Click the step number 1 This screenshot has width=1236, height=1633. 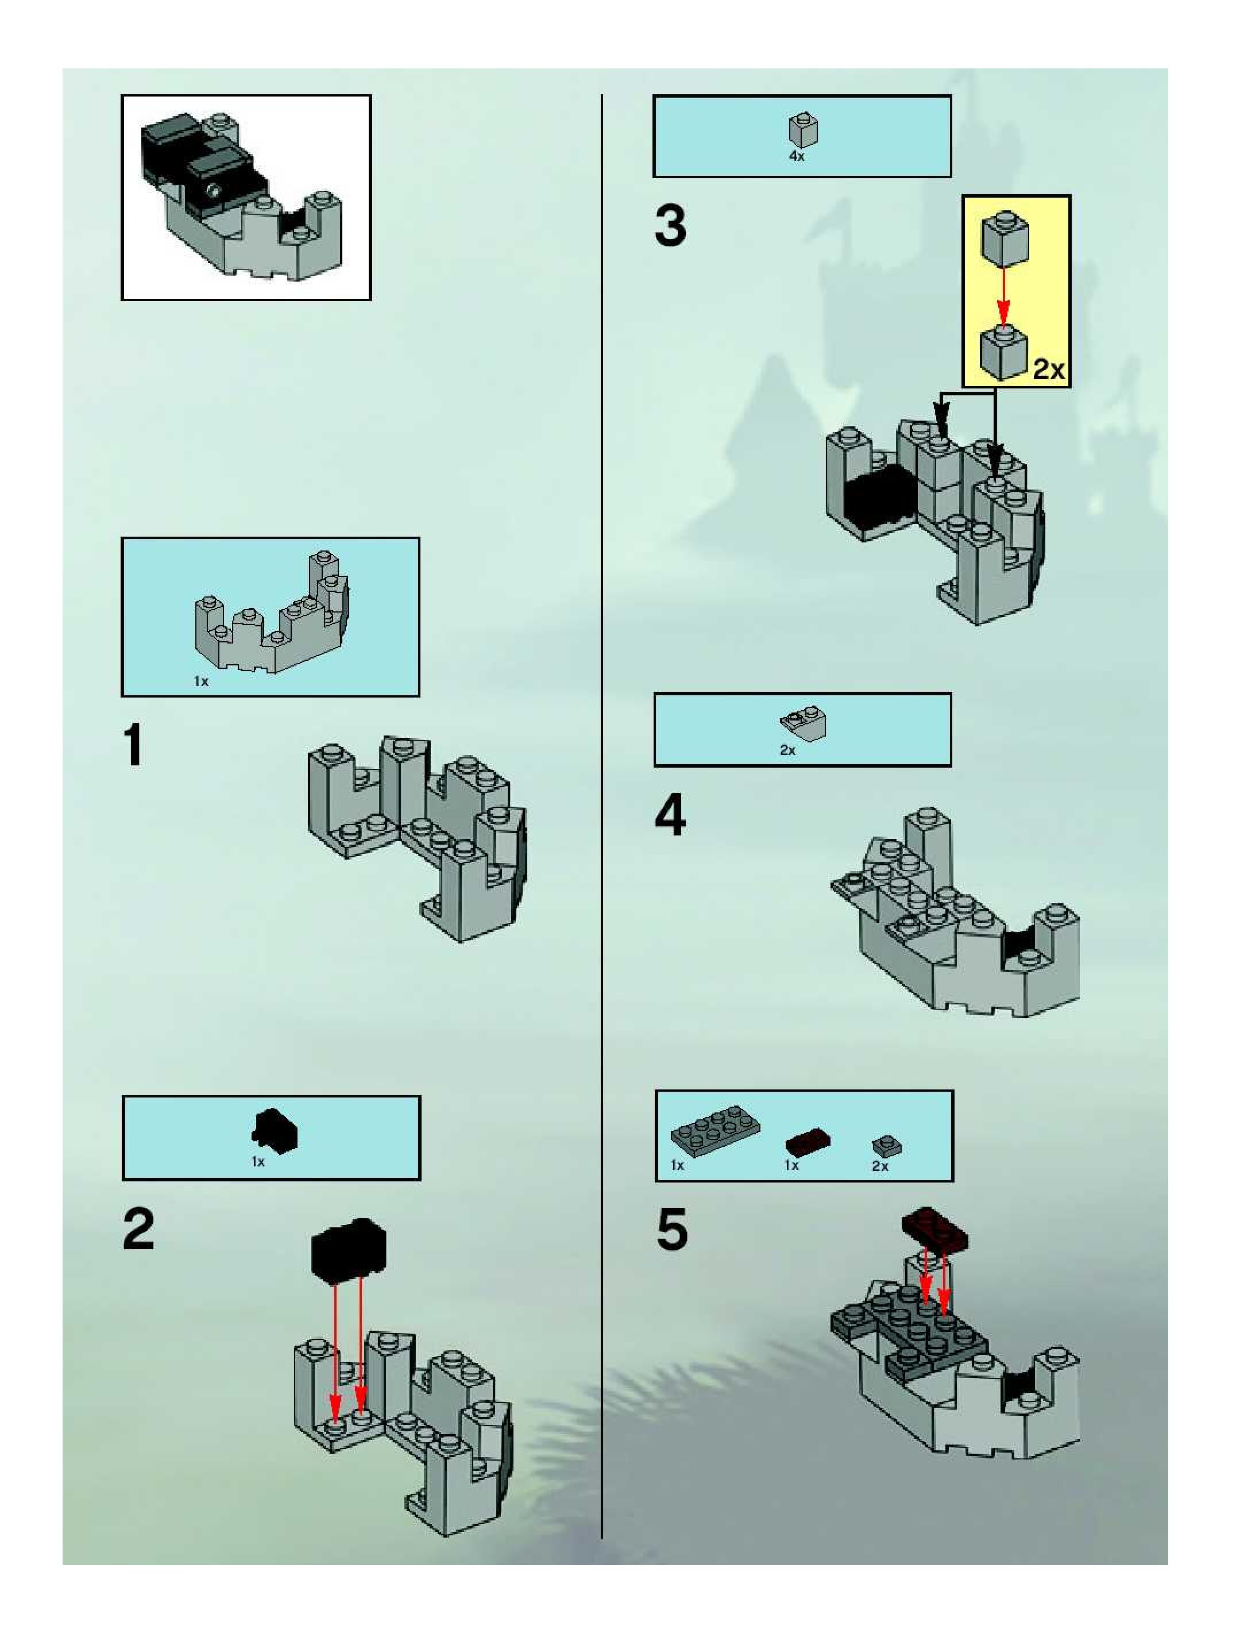pos(134,746)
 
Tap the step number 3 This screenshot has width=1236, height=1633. pos(670,226)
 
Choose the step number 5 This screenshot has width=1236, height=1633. pos(671,1229)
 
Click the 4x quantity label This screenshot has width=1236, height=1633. pos(797,156)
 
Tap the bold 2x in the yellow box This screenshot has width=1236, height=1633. pos(1049,368)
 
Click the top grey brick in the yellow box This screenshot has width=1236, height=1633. pos(1003,238)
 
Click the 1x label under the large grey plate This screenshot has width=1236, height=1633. pos(677,1166)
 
